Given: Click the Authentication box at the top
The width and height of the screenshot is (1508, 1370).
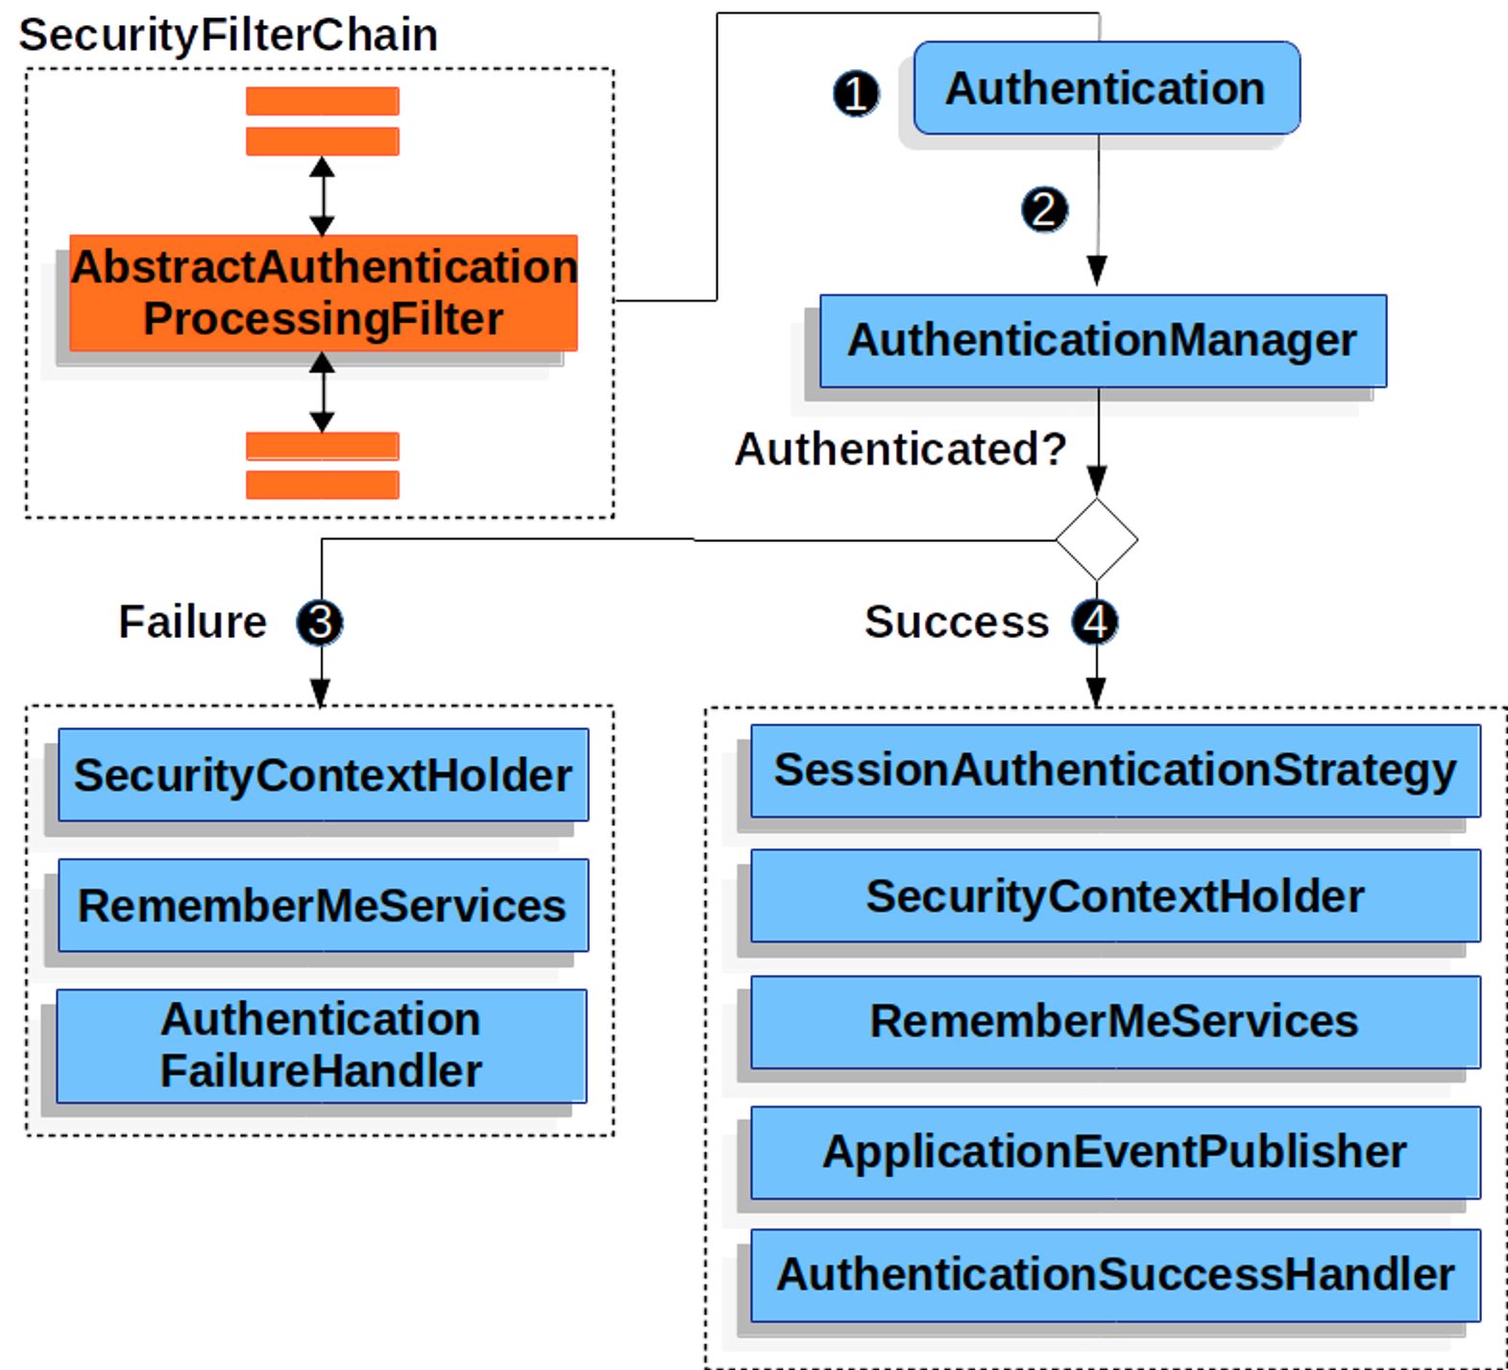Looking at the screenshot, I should pos(1107,88).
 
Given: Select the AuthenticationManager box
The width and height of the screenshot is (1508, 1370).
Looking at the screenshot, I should pos(1103,340).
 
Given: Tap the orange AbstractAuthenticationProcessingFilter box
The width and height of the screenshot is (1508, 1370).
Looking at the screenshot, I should pos(324,292).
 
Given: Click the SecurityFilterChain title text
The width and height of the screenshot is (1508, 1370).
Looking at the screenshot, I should pos(229,36).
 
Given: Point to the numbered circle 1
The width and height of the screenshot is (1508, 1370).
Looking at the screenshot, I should pos(856,93).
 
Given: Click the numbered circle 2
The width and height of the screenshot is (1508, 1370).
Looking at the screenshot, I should pos(1045,209).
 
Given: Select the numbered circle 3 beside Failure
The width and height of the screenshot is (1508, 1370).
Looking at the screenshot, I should pos(320,623).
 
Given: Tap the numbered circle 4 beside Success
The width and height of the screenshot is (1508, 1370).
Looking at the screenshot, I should pos(1095,623).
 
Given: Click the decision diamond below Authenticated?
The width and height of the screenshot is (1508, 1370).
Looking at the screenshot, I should pos(1096,539).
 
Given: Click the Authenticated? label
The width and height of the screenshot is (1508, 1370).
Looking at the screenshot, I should pos(901,449).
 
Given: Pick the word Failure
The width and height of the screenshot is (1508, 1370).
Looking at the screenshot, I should pos(192,623).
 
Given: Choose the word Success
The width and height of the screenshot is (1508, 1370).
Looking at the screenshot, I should pos(956,623).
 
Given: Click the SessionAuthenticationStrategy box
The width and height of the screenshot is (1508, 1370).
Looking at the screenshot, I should pos(1115,771).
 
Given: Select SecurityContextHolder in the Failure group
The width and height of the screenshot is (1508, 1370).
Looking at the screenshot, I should pos(324,775).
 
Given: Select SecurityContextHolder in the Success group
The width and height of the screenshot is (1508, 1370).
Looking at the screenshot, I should pos(1115,896).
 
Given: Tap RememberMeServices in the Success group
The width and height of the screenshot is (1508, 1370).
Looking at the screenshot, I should pos(1115,1021).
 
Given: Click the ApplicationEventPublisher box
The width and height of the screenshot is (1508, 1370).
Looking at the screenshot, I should pos(1115,1151).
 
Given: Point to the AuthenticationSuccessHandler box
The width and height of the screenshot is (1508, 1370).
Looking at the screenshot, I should pos(1115,1275).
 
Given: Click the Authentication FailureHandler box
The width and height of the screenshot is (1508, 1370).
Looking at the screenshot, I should pos(322,1045).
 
